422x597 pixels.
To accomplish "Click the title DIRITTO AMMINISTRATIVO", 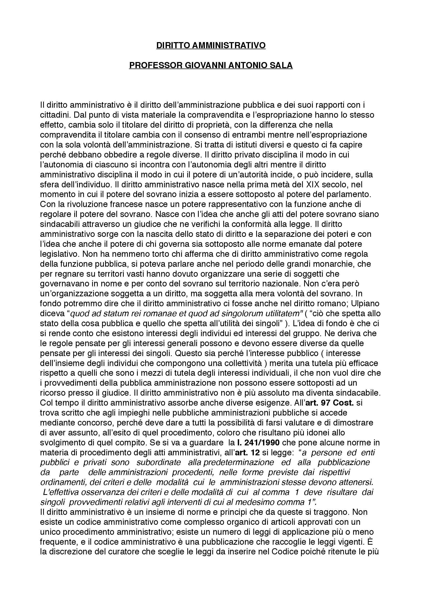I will [211, 45].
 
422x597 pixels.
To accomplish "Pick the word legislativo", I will [58, 254].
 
